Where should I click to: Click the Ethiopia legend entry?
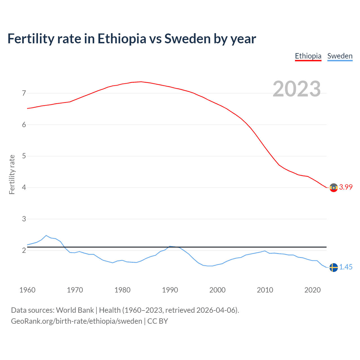click(x=308, y=56)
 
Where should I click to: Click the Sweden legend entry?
click(x=340, y=56)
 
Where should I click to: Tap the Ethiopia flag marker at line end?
click(x=334, y=187)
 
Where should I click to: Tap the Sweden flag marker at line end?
click(x=334, y=267)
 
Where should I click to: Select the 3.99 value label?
click(x=346, y=187)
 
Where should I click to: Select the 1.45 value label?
click(x=346, y=267)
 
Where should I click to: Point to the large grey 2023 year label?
click(x=297, y=89)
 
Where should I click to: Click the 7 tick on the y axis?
click(x=24, y=93)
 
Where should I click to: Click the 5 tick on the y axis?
click(x=24, y=156)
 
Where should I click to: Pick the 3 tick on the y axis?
click(x=24, y=219)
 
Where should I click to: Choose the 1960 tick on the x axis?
click(x=27, y=290)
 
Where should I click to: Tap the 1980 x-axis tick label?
click(x=122, y=290)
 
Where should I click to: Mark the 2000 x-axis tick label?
click(x=217, y=290)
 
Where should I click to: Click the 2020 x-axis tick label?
click(x=312, y=290)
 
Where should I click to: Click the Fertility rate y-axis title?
click(x=12, y=174)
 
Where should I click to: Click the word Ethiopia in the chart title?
click(x=122, y=39)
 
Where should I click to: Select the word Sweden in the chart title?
click(x=187, y=39)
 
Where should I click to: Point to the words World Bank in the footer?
click(x=75, y=310)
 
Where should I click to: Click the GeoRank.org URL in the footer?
click(x=76, y=321)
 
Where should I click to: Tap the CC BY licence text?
click(x=157, y=321)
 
